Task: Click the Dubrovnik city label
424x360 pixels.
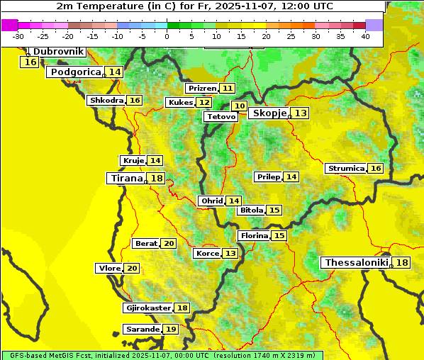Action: point(58,52)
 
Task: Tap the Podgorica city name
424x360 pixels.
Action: point(75,72)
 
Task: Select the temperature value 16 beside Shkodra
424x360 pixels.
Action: point(135,101)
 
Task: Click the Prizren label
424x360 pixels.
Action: point(202,89)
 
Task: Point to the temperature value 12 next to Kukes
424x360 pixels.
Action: point(204,103)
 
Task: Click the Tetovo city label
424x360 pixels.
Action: point(221,116)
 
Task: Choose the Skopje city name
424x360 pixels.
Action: point(269,113)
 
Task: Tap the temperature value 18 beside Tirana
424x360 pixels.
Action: point(157,179)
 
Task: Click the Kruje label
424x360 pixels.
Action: point(133,161)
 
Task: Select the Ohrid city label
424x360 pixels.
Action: point(211,201)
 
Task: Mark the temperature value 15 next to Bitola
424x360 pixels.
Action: point(274,210)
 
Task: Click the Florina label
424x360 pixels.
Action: point(254,235)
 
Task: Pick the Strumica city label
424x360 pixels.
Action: point(345,169)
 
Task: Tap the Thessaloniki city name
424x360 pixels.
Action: point(356,263)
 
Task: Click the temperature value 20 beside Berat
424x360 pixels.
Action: point(168,244)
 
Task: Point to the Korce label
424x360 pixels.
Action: point(207,254)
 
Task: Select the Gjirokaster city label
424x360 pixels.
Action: point(147,308)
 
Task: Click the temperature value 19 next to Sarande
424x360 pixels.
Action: point(170,330)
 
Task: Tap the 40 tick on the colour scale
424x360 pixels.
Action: point(365,36)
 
